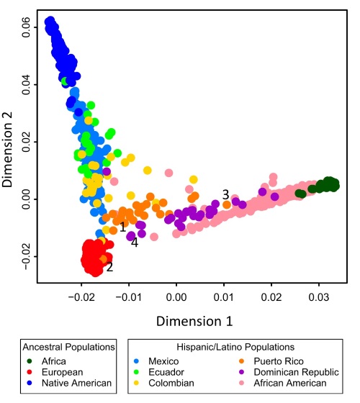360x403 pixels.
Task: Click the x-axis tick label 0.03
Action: pyautogui.click(x=319, y=297)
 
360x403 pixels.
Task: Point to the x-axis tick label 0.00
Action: pyautogui.click(x=176, y=297)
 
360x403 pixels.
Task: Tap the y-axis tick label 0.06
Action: pyautogui.click(x=26, y=27)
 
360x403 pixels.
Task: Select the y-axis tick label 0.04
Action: pyautogui.click(x=26, y=85)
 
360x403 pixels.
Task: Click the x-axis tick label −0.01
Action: pyautogui.click(x=129, y=297)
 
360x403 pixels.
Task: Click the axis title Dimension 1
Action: pyautogui.click(x=194, y=321)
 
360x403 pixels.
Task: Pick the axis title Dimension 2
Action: pyautogui.click(x=7, y=149)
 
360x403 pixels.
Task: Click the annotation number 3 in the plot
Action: pyautogui.click(x=225, y=195)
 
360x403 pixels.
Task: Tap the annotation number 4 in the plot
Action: pyautogui.click(x=135, y=243)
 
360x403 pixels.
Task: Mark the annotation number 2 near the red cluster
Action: pyautogui.click(x=109, y=267)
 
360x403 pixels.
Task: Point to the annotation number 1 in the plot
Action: pyautogui.click(x=122, y=227)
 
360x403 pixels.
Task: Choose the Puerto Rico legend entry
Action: pyautogui.click(x=271, y=361)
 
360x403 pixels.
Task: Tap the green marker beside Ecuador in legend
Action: pyautogui.click(x=137, y=372)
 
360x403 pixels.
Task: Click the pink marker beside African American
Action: pyautogui.click(x=241, y=383)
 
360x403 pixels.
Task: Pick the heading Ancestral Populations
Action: pyautogui.click(x=68, y=347)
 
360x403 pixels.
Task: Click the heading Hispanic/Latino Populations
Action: pyautogui.click(x=235, y=347)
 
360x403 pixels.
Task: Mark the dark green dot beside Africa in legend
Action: pyautogui.click(x=30, y=361)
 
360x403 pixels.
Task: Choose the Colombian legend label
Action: pyautogui.click(x=171, y=383)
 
